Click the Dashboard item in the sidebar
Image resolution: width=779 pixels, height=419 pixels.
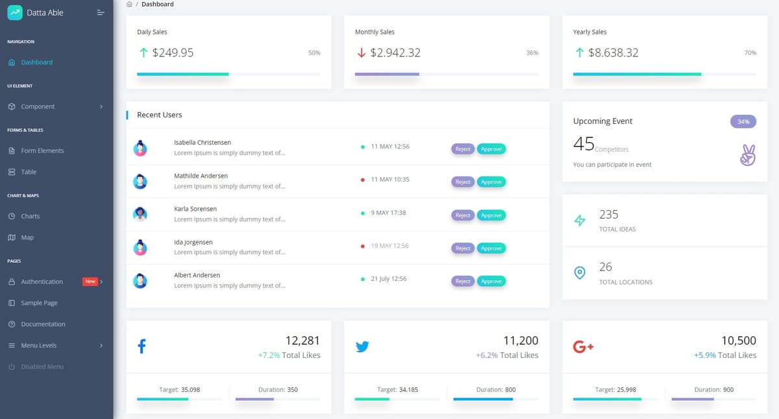(36, 62)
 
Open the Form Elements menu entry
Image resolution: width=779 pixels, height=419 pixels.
(42, 150)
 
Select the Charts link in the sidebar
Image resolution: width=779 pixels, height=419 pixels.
(30, 216)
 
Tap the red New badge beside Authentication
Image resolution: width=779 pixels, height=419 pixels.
(90, 281)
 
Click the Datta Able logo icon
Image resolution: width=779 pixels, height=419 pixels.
(15, 12)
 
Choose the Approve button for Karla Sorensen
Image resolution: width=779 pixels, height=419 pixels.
(491, 215)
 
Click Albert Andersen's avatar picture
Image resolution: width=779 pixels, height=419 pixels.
(140, 281)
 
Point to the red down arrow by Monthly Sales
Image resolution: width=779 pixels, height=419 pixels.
(362, 53)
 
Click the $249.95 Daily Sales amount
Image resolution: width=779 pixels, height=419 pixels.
(173, 53)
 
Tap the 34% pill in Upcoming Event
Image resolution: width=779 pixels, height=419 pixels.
(743, 121)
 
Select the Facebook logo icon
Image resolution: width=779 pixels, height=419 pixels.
(142, 346)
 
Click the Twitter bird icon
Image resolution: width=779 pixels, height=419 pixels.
(362, 346)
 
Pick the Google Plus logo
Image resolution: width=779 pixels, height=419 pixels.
(583, 347)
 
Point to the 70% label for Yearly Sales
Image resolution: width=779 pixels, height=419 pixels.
(750, 53)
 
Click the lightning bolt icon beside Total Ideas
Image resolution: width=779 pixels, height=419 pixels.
(580, 221)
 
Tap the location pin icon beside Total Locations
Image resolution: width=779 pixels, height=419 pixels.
(580, 273)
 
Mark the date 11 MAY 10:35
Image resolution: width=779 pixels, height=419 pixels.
(389, 180)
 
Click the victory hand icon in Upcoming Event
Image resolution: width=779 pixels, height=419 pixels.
(748, 155)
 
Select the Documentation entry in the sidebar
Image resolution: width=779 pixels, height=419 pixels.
(43, 324)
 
